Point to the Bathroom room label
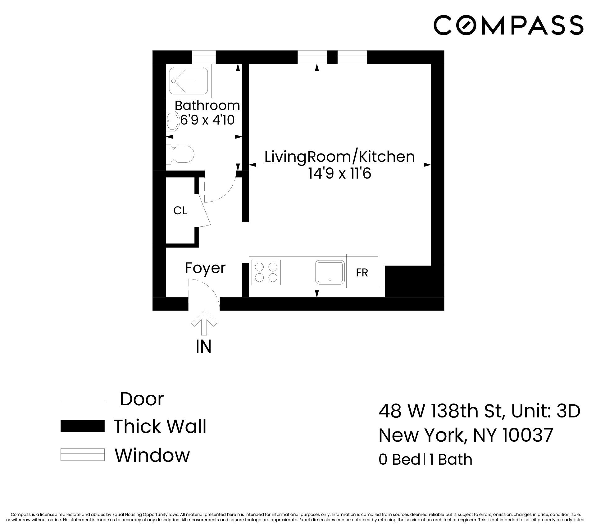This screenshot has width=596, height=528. click(x=207, y=106)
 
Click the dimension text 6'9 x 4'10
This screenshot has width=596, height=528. click(x=207, y=120)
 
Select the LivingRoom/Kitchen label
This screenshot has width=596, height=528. click(x=339, y=157)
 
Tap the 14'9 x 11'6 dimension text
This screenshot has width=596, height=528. click(x=339, y=174)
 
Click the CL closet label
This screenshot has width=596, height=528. click(x=180, y=211)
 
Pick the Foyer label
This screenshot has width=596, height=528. click(x=205, y=268)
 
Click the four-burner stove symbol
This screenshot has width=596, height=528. click(x=266, y=272)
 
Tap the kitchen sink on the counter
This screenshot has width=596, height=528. click(x=330, y=272)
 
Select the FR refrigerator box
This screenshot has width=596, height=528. click(x=362, y=272)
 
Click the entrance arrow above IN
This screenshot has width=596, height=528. click(x=204, y=323)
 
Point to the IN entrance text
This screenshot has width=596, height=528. click(x=204, y=347)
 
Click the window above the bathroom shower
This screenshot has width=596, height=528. click(x=204, y=57)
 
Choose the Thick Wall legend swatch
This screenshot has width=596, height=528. click(x=82, y=426)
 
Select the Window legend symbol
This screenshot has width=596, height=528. click(x=82, y=455)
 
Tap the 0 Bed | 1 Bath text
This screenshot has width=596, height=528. click(x=425, y=460)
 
